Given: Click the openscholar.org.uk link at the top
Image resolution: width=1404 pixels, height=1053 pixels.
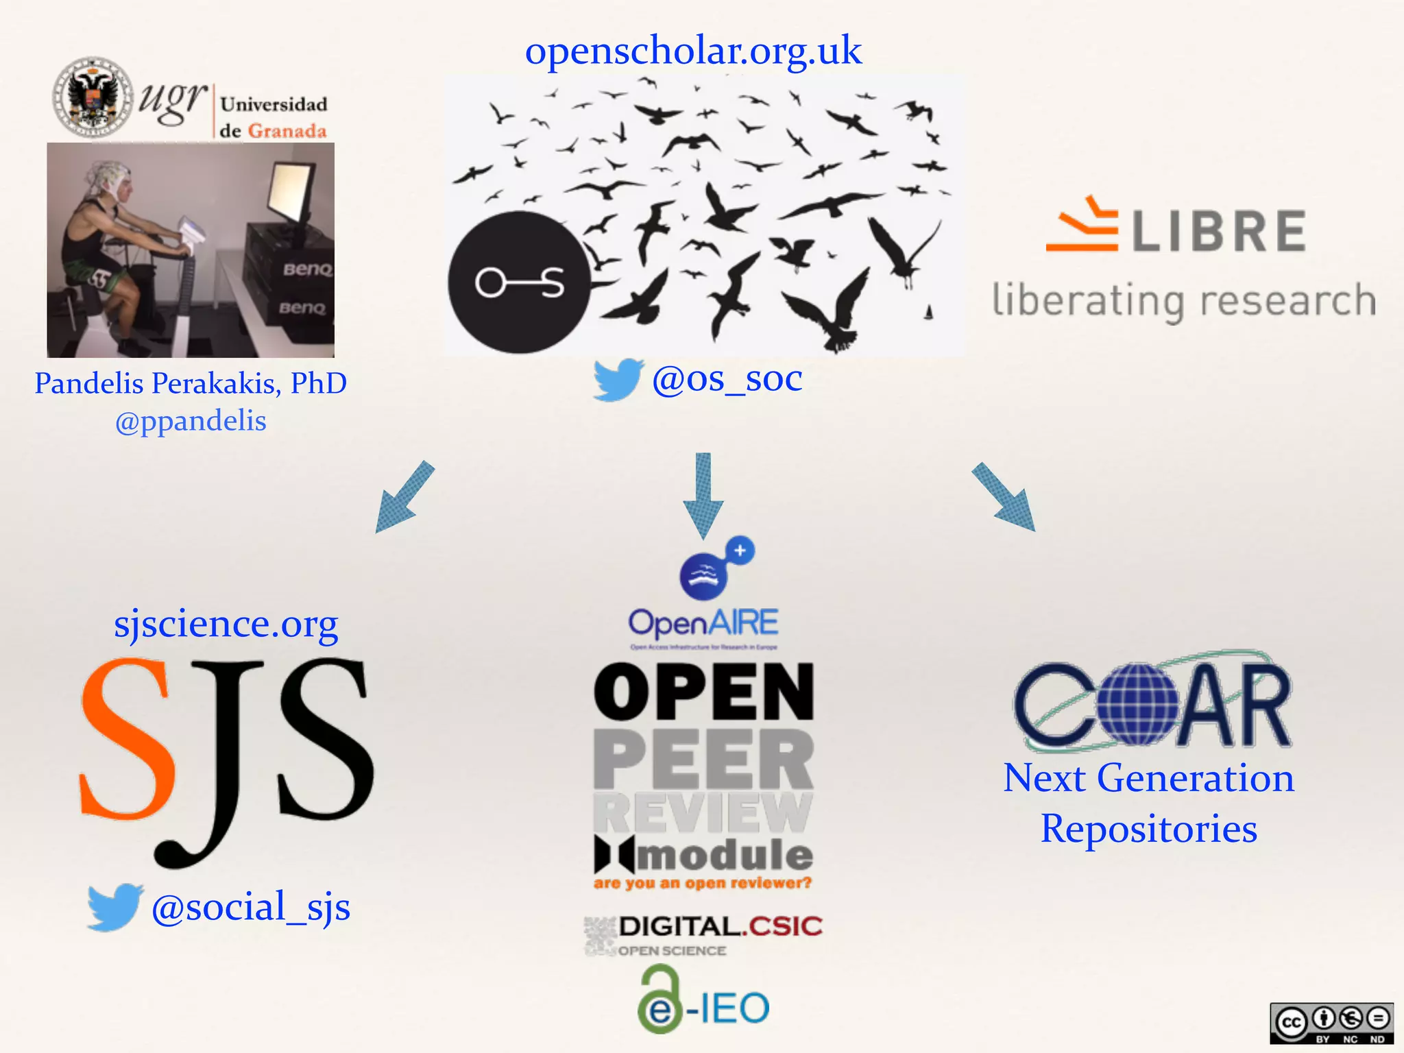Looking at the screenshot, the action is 693,51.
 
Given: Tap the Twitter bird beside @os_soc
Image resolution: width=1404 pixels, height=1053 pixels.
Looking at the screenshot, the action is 618,378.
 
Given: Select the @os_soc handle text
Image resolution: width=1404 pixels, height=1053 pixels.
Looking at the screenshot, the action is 727,378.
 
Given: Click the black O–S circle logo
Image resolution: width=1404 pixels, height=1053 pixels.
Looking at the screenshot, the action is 519,282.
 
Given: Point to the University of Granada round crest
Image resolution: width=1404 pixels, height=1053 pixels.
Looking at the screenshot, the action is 93,97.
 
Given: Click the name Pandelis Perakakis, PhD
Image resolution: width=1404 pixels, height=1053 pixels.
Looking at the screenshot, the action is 191,383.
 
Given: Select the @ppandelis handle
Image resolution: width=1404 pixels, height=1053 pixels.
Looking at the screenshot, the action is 191,421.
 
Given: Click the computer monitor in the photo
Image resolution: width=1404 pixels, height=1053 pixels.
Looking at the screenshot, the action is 291,195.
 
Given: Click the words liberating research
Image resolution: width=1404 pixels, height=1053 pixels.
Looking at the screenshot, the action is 1184,301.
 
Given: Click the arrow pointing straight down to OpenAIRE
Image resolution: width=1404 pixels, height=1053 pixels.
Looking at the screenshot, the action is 703,495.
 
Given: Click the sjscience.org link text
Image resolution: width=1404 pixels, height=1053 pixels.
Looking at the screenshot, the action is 226,624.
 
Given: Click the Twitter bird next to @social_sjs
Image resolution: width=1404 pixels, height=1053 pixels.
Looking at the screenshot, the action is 114,906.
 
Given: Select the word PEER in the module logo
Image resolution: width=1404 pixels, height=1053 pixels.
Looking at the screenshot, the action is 703,759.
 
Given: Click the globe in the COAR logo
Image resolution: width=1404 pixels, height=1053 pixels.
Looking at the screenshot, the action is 1137,703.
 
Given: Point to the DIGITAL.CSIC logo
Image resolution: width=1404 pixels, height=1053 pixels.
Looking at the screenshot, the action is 703,934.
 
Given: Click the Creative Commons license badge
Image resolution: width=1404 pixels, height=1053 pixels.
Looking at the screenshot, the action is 1331,1024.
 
